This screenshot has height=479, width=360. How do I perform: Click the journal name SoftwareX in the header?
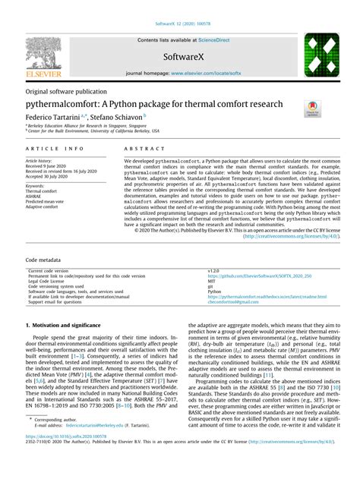tap(179, 57)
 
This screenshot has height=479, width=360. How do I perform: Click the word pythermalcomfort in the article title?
tap(67, 103)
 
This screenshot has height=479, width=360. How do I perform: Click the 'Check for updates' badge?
tap(311, 109)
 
